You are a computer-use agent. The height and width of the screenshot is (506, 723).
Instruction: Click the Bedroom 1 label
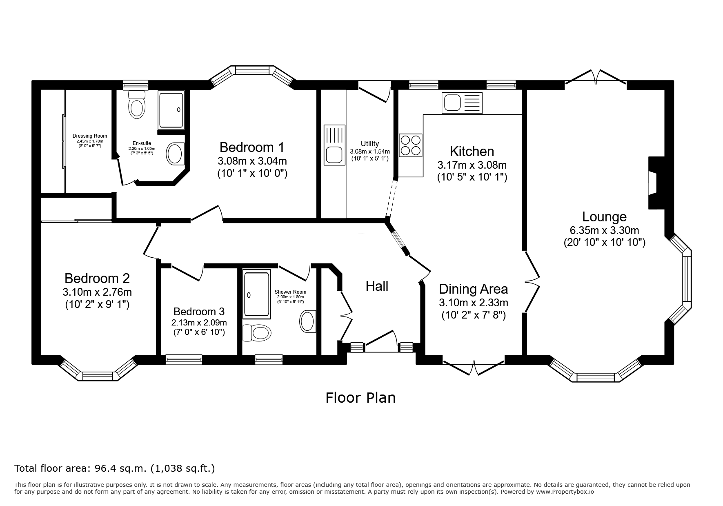click(252, 147)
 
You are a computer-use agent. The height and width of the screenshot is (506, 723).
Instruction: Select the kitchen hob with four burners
click(411, 145)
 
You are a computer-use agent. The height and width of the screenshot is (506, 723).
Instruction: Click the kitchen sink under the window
click(462, 103)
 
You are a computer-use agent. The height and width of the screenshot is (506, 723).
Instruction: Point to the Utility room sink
click(335, 145)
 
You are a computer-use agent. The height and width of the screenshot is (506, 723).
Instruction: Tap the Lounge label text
click(604, 216)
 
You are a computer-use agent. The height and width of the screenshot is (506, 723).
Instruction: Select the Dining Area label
click(474, 289)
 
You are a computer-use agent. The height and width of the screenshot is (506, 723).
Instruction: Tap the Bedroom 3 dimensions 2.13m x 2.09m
click(199, 323)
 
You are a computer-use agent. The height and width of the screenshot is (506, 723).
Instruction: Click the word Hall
click(377, 286)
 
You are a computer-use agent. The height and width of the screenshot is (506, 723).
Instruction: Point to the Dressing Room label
click(90, 136)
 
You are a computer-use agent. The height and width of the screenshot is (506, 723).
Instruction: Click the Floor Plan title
click(360, 397)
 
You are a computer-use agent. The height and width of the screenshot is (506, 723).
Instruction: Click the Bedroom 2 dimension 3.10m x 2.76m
click(97, 292)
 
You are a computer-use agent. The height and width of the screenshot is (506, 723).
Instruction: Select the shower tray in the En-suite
click(172, 109)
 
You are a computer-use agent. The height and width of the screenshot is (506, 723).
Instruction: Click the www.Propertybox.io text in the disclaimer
click(565, 492)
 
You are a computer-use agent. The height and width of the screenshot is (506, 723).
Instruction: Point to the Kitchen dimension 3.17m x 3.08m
click(472, 165)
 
